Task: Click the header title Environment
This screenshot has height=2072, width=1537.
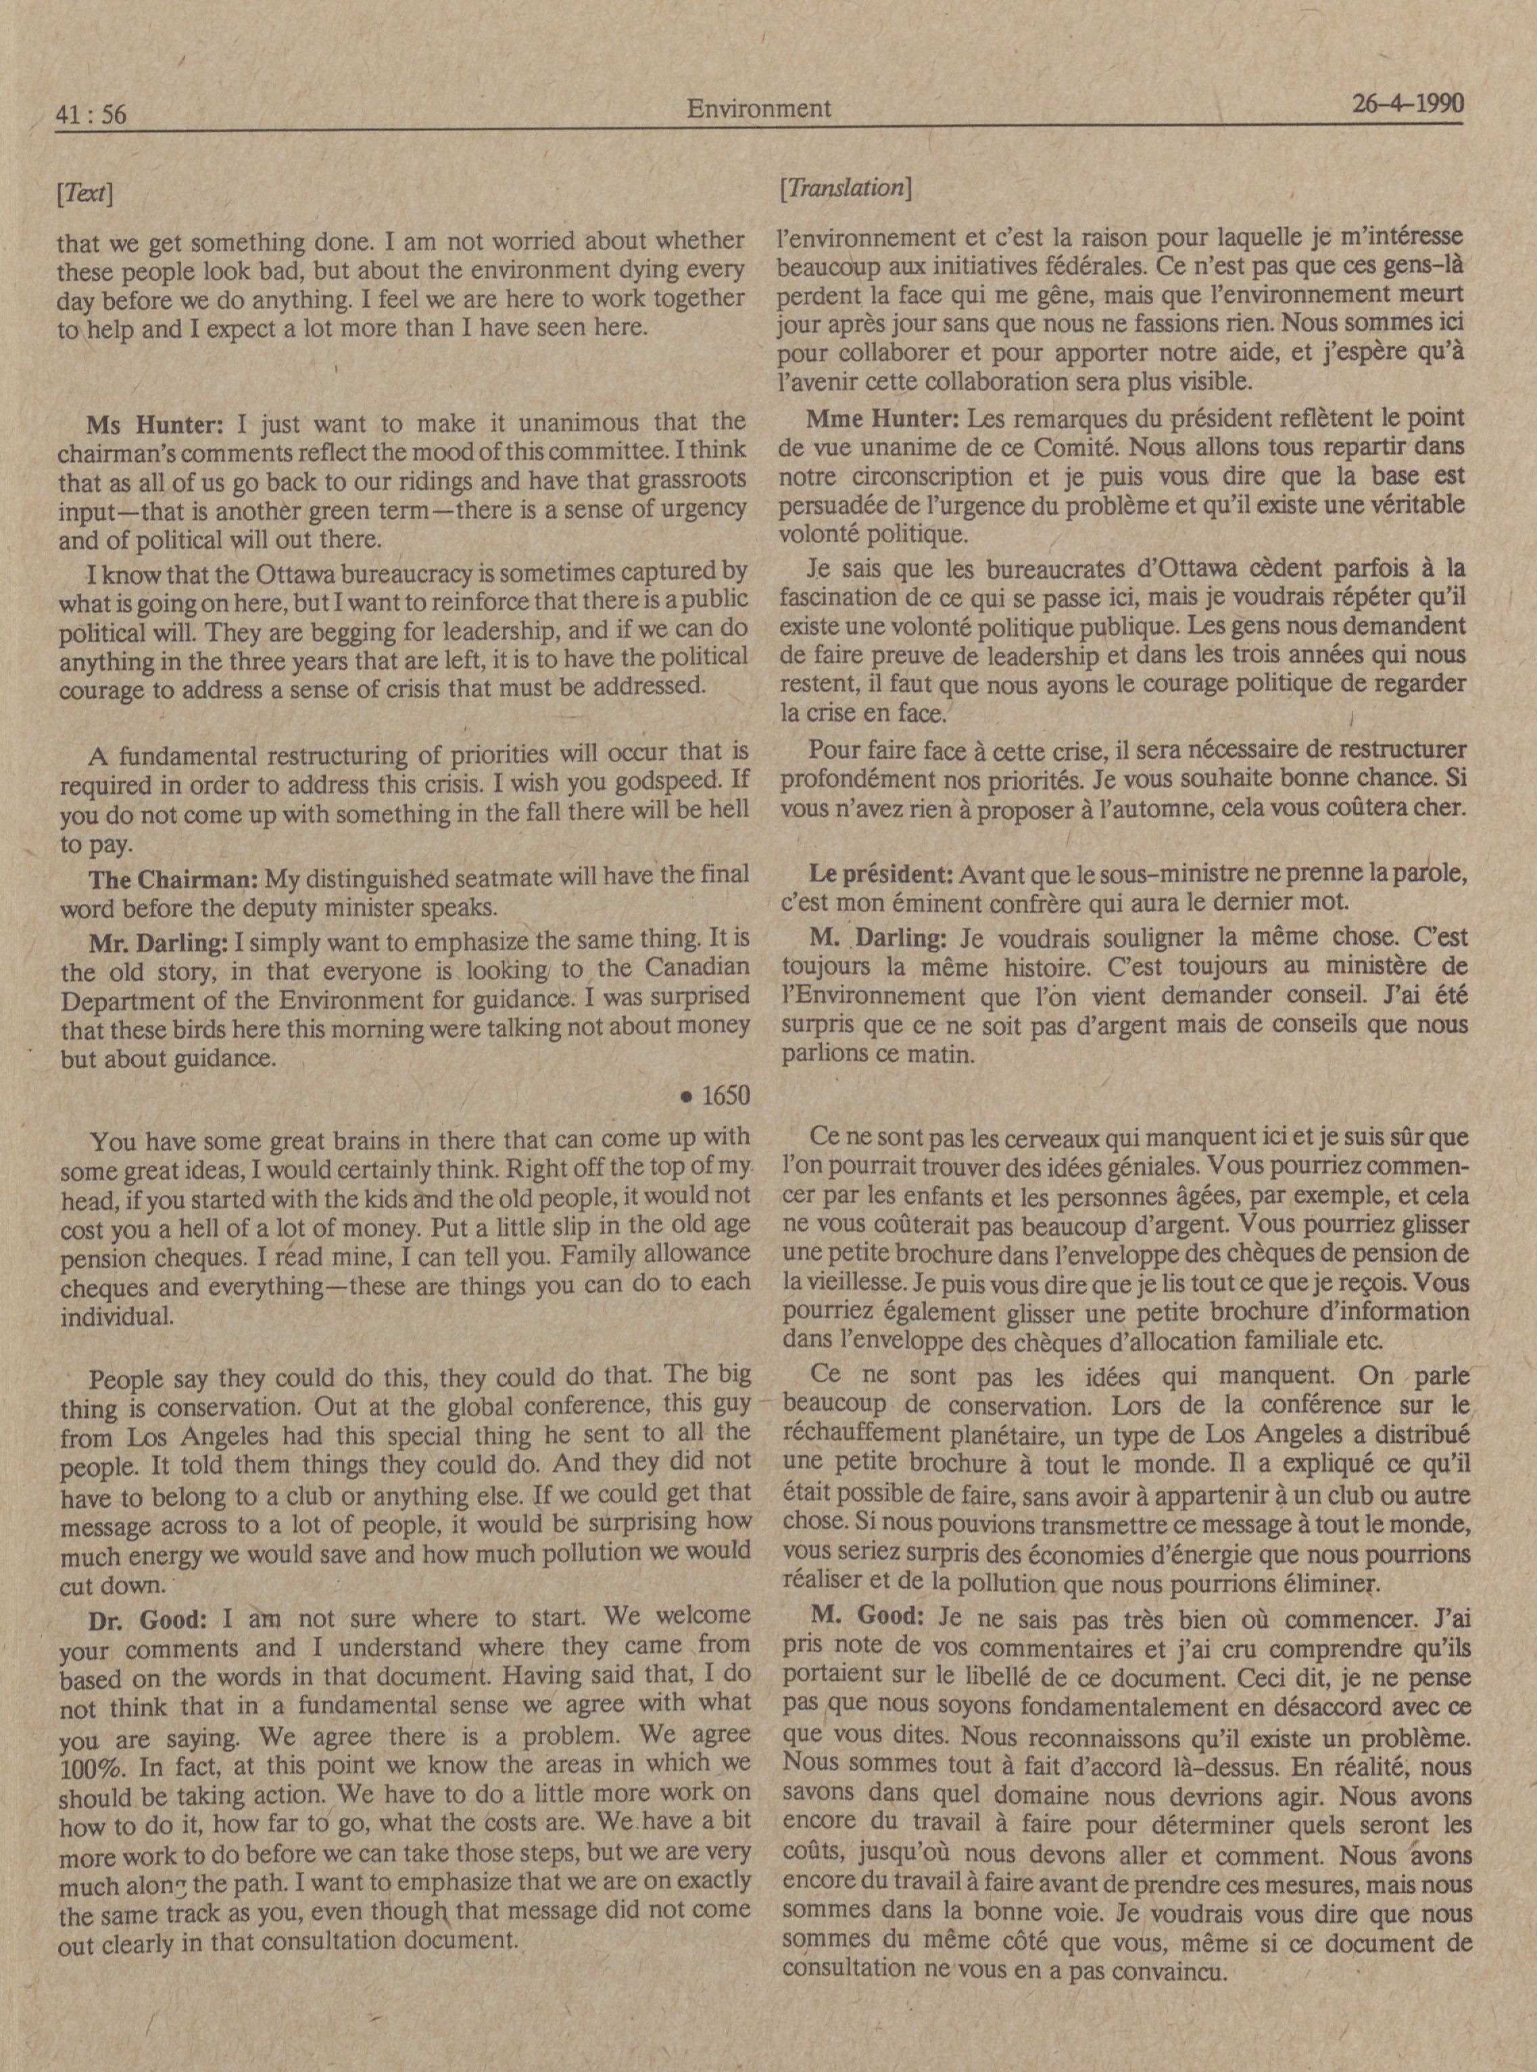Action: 758,109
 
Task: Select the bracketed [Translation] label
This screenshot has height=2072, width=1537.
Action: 845,188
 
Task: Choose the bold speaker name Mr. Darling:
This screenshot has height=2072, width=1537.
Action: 158,944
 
